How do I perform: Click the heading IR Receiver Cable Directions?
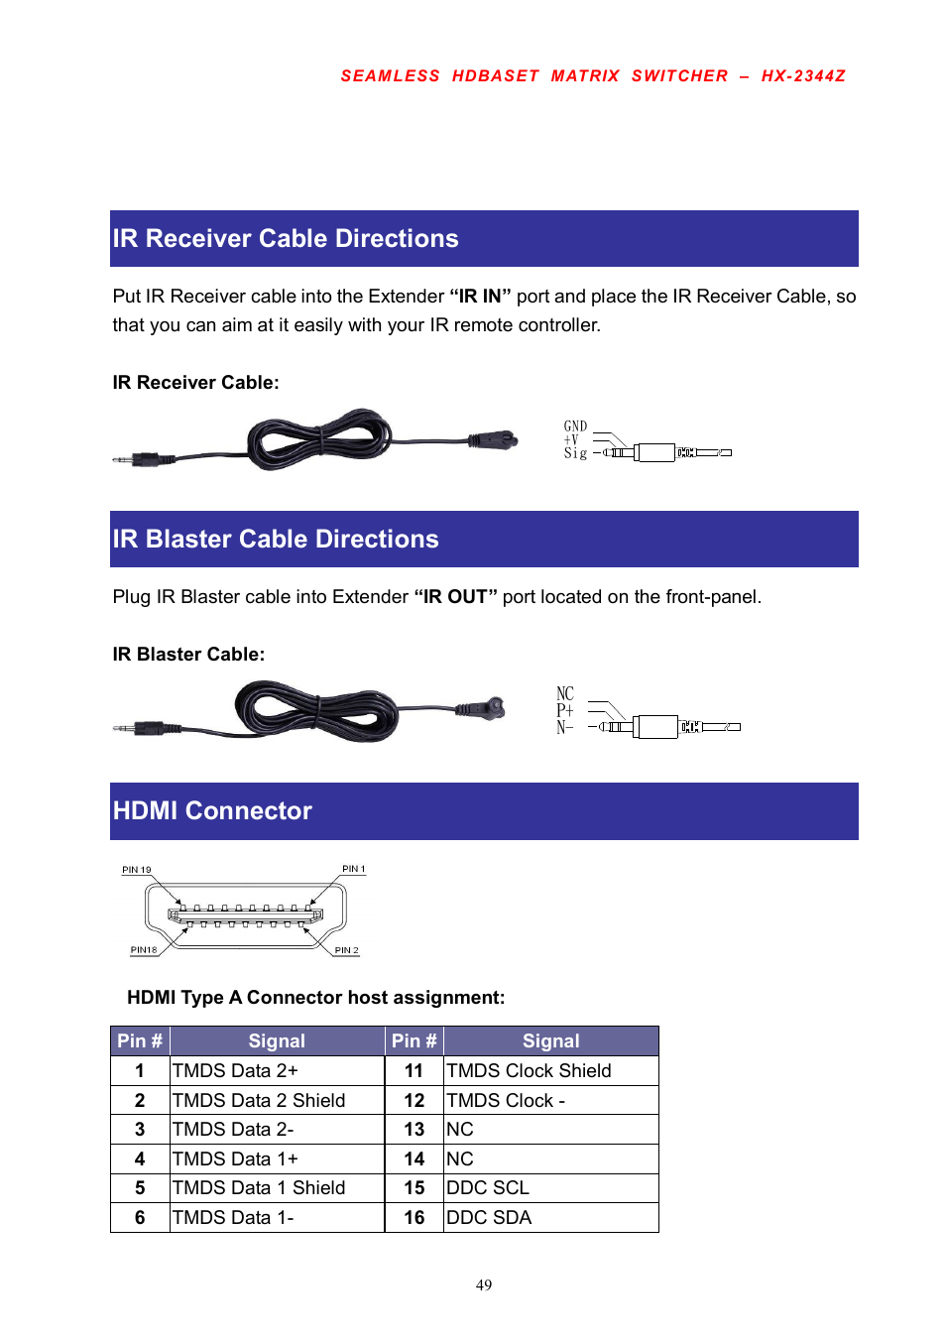tap(286, 239)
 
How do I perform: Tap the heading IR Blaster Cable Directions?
tap(276, 540)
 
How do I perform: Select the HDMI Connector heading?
tap(212, 811)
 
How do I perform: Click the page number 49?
tap(484, 1285)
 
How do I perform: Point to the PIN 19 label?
tap(137, 870)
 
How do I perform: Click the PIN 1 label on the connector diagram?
tap(354, 869)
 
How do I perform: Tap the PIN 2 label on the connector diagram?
tap(346, 950)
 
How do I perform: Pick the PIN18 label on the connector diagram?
tap(144, 950)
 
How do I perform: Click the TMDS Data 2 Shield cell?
tap(259, 1101)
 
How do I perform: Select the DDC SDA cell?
tap(489, 1218)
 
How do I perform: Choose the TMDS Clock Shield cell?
tap(529, 1071)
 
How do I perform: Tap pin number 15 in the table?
tap(414, 1188)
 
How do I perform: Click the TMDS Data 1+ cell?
tap(235, 1159)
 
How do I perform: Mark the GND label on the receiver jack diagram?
tap(575, 426)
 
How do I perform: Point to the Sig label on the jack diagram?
tap(575, 453)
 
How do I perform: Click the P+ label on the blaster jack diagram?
tap(564, 710)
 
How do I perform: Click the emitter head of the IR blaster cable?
tap(490, 708)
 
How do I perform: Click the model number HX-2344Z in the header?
tap(803, 76)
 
